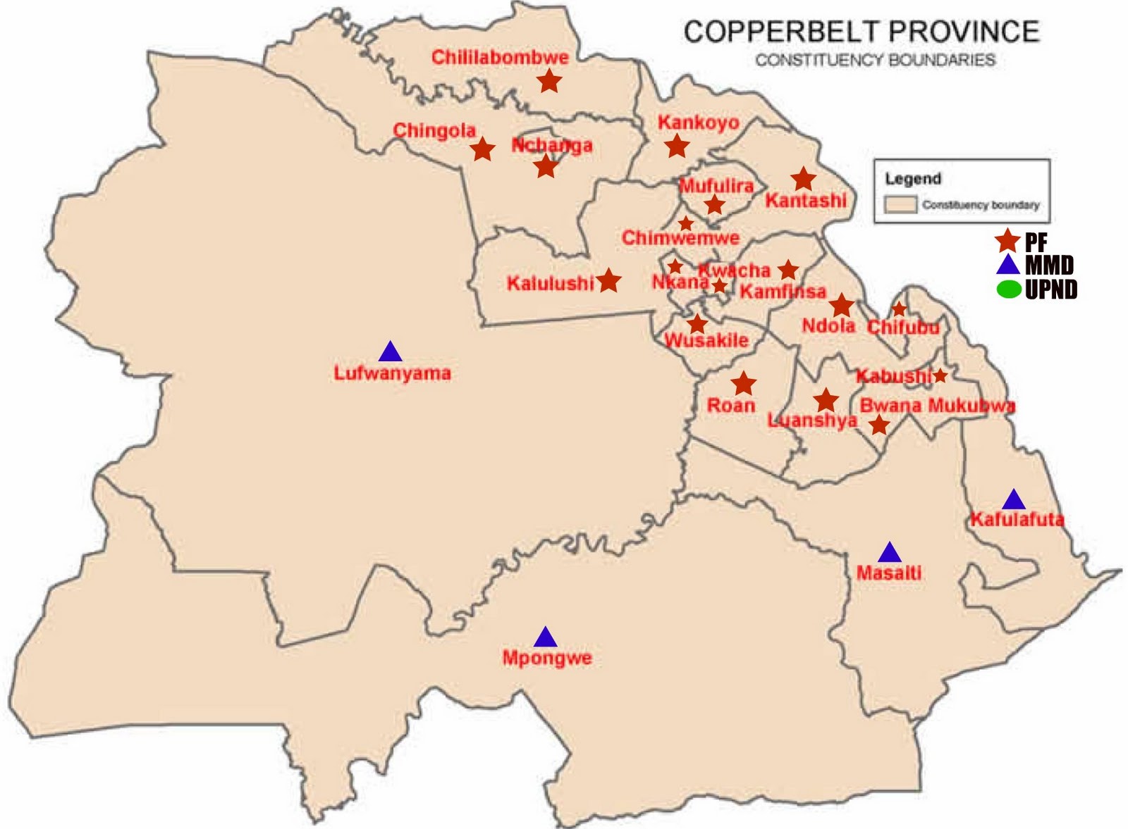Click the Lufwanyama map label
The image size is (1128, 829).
point(392,373)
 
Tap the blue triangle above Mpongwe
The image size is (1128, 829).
point(545,638)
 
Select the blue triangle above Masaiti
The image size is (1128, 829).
point(889,554)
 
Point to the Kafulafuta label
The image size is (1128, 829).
point(1017,520)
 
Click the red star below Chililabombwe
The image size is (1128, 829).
point(549,82)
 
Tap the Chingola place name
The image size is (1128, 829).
point(434,130)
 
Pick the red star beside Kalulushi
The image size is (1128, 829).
point(608,281)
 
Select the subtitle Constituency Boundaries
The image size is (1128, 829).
point(875,61)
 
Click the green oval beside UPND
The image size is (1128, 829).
point(1009,289)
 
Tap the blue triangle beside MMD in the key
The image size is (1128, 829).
point(1008,266)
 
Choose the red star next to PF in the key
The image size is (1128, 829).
point(1007,241)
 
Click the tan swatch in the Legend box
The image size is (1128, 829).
point(900,205)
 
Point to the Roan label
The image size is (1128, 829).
point(731,406)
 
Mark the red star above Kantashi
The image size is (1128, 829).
point(803,179)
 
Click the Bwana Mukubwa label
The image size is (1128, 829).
point(937,406)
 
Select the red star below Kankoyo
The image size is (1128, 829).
point(677,147)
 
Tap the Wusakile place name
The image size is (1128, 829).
point(706,341)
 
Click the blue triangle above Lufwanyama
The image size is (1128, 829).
point(390,351)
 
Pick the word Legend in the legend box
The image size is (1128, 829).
point(913,179)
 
